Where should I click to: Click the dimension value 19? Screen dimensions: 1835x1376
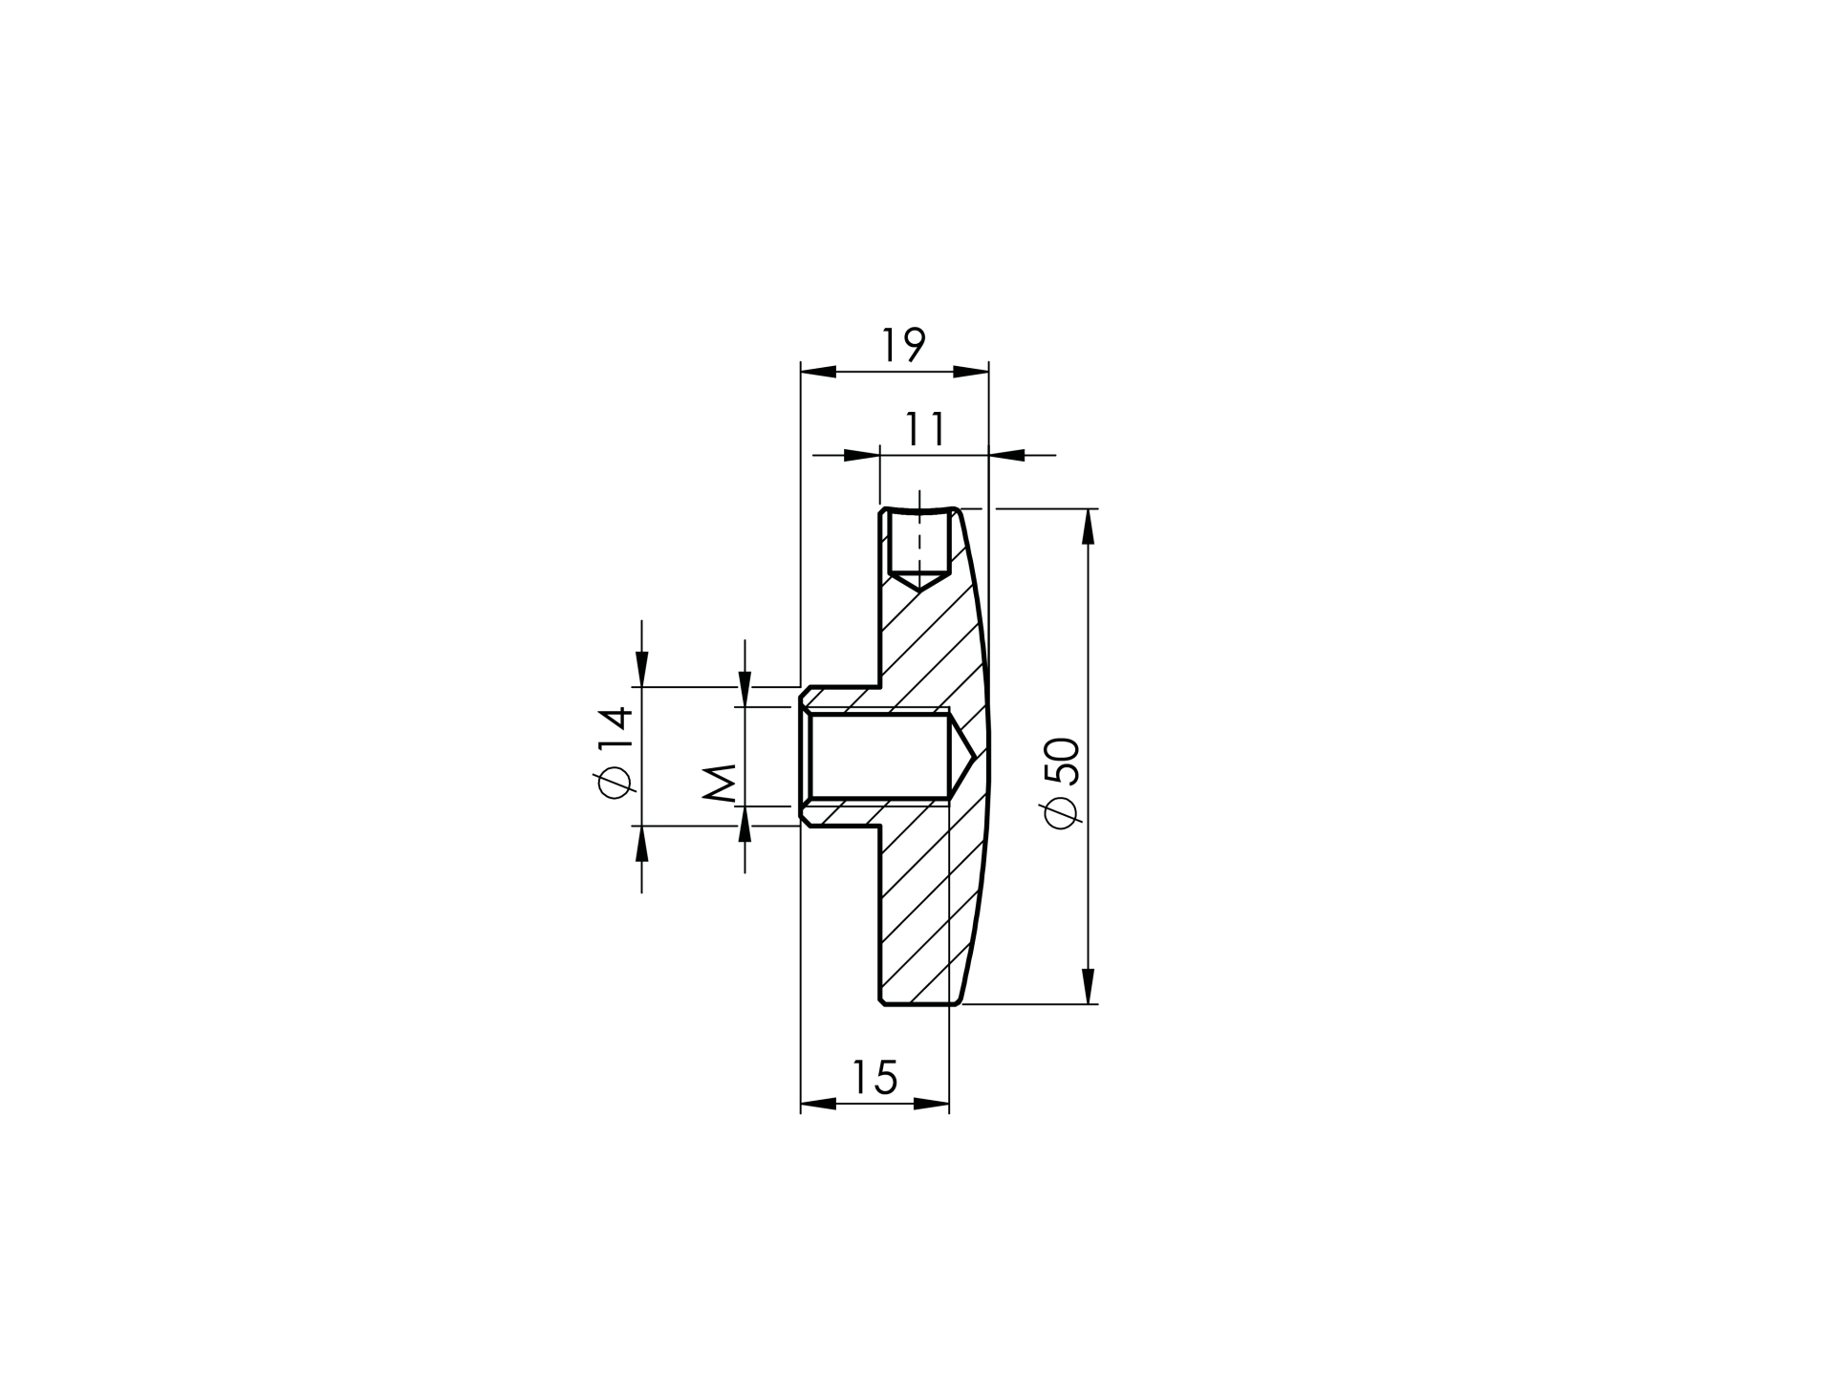(903, 344)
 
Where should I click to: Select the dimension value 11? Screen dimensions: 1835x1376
(925, 429)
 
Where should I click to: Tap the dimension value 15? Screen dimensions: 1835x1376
(874, 1077)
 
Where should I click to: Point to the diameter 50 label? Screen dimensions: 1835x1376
(1063, 783)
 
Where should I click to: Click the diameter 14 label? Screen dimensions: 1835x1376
(613, 751)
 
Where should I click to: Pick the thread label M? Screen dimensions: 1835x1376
(720, 783)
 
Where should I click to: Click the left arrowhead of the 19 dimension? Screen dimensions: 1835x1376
(818, 372)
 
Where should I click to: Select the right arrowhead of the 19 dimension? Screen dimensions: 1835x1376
(971, 372)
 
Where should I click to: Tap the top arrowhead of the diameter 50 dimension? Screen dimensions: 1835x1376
(1088, 527)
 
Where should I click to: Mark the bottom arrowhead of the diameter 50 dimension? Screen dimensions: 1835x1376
(1088, 986)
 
